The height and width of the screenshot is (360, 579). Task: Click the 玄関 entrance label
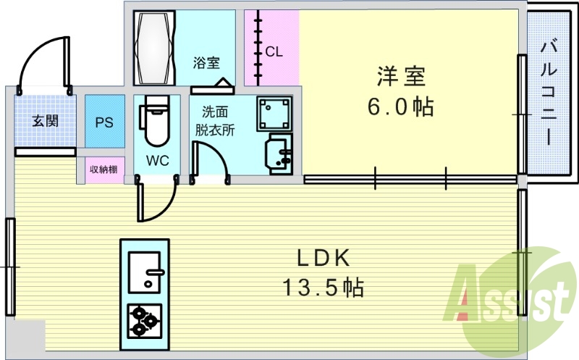point(45,120)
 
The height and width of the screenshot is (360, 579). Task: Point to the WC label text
point(158,160)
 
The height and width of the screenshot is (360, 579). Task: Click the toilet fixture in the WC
point(156,123)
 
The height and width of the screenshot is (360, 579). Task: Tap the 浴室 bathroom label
point(206,62)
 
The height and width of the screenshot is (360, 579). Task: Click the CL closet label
point(274,51)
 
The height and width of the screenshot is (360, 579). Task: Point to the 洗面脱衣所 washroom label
point(214,121)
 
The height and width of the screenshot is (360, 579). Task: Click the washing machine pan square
point(274,113)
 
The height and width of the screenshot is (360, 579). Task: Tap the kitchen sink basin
point(147,271)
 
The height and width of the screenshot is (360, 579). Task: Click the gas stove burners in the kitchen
point(145,319)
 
